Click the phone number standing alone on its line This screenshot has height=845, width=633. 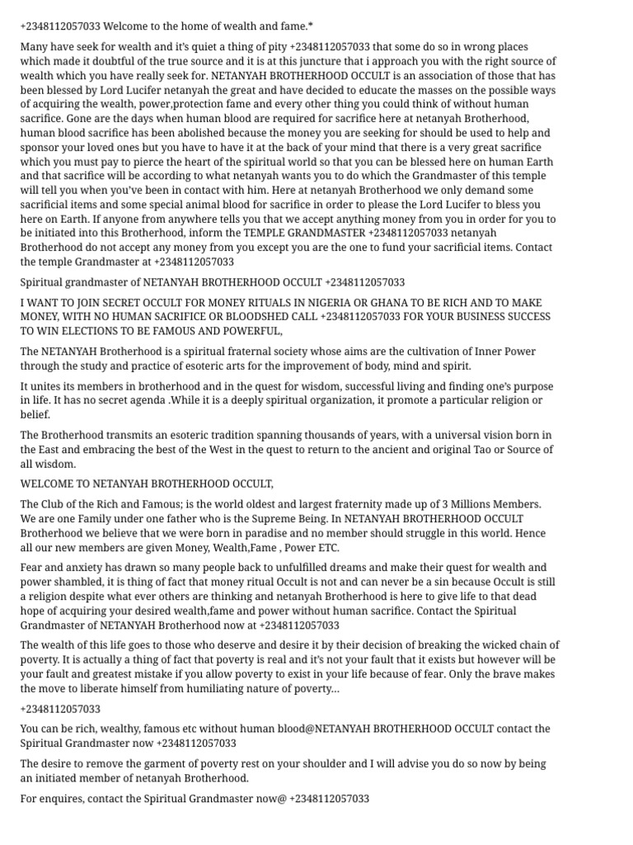click(60, 709)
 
